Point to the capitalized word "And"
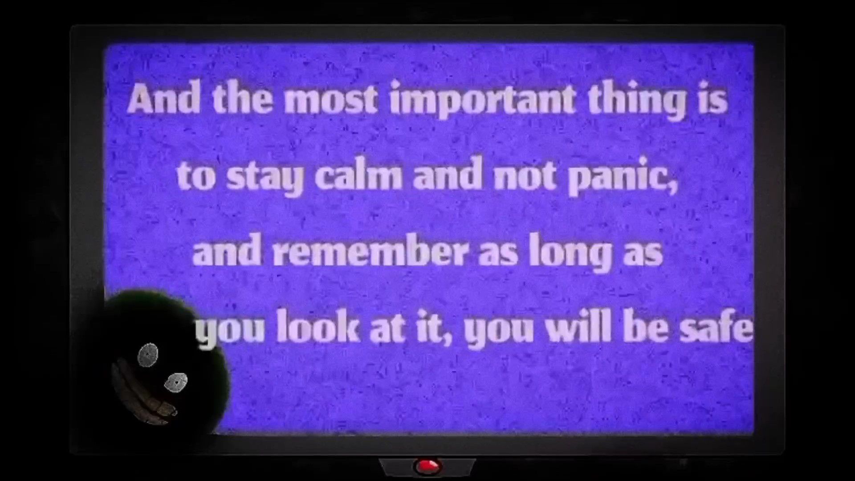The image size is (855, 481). (163, 99)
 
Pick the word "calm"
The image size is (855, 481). (358, 175)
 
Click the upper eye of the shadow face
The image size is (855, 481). (148, 355)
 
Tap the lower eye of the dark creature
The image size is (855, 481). (176, 382)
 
